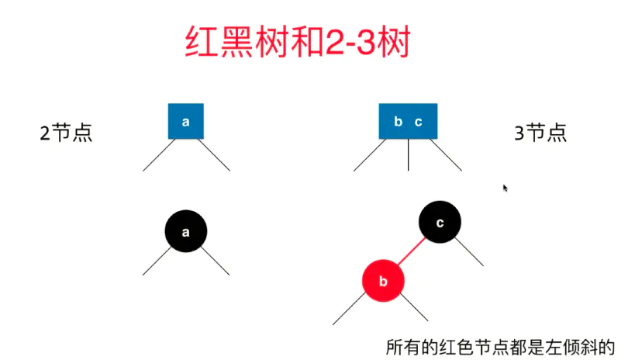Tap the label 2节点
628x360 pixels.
point(66,133)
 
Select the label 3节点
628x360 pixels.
point(540,133)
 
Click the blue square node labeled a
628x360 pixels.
point(186,121)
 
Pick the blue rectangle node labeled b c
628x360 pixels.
point(408,121)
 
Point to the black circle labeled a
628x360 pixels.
point(186,231)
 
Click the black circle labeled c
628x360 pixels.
point(440,223)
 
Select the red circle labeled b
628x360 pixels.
point(383,281)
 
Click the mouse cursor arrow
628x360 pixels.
point(505,187)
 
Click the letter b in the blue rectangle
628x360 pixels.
point(398,122)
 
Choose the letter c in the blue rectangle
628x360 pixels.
point(418,122)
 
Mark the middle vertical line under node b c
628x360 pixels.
point(409,154)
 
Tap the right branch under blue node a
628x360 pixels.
point(215,154)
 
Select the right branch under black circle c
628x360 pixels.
point(471,251)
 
